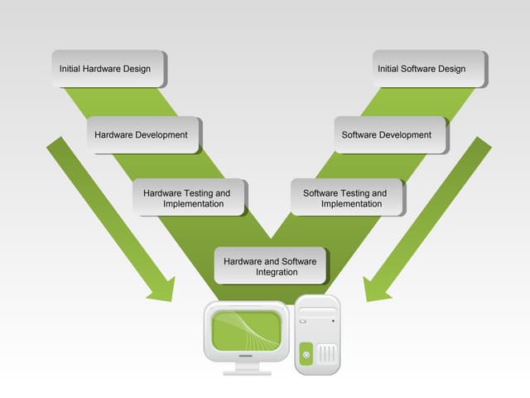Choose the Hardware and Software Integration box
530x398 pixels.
coord(270,265)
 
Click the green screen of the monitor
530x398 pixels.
coord(246,332)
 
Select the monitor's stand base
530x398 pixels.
coord(247,371)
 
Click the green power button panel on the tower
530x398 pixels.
coord(306,354)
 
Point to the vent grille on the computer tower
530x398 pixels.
coord(328,355)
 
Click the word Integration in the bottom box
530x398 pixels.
coord(277,272)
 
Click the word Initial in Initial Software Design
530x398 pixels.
coord(390,69)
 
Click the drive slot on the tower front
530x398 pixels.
coord(318,319)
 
